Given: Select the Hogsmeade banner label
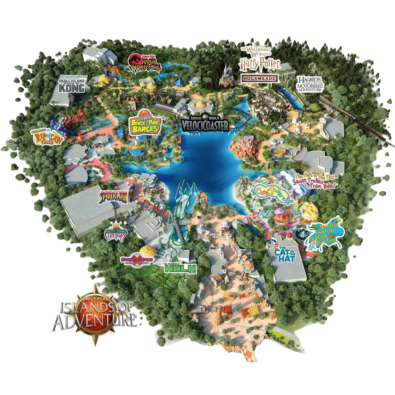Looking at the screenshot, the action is (260, 78).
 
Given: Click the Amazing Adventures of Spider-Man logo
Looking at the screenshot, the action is (113, 196).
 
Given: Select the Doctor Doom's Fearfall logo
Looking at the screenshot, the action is (114, 235).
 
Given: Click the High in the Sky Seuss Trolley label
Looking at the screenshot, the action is (317, 181).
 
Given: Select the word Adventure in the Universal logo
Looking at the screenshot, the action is (95, 321).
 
